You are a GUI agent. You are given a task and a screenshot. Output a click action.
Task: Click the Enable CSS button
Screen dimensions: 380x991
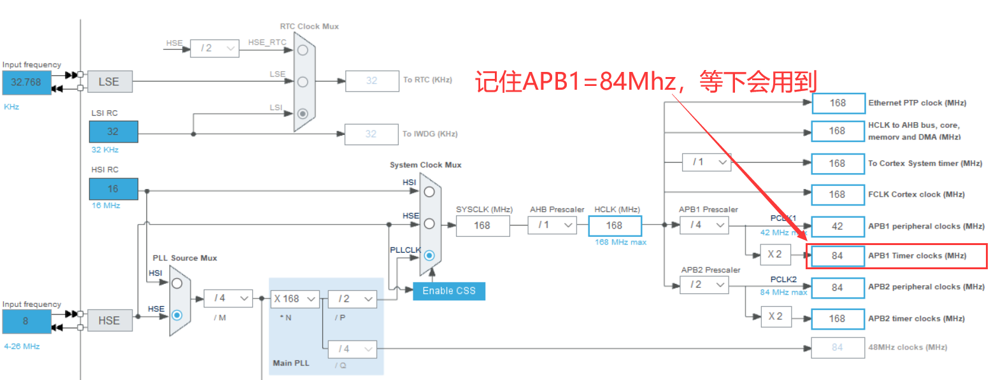(448, 291)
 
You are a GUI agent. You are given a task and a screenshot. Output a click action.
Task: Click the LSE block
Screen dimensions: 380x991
(109, 81)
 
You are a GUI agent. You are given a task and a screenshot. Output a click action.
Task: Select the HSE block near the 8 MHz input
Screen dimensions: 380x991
(109, 320)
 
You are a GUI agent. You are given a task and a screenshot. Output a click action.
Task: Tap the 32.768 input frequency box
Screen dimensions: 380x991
(26, 82)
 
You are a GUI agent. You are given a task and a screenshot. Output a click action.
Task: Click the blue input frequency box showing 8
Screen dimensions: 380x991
(26, 321)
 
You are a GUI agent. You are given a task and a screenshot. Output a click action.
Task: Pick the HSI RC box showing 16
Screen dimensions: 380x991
(113, 189)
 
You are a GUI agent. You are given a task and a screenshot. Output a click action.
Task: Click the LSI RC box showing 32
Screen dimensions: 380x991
(113, 132)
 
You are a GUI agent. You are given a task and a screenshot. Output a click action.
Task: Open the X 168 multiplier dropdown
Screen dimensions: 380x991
(295, 299)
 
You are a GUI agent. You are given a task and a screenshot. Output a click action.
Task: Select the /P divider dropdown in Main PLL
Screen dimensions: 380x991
(352, 299)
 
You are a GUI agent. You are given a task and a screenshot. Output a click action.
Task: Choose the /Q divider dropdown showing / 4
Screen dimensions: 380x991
(352, 349)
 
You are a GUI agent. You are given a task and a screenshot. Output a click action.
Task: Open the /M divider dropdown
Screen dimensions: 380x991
(227, 299)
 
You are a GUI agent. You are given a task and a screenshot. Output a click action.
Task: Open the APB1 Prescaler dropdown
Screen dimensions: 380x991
(704, 225)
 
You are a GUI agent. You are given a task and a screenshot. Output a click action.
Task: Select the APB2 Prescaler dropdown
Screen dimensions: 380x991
(704, 285)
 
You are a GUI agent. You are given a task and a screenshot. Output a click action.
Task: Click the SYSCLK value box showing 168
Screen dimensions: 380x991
(482, 225)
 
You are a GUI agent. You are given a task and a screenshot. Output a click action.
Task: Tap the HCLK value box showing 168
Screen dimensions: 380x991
(614, 225)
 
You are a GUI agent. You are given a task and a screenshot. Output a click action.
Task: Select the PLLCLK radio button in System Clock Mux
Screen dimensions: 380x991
(429, 255)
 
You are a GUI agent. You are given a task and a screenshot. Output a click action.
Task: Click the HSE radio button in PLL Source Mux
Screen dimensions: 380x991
(177, 314)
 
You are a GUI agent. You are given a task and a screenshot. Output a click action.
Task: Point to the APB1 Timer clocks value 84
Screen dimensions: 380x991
(838, 256)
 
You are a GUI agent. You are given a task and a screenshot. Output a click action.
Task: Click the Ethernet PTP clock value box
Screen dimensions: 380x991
(838, 103)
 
